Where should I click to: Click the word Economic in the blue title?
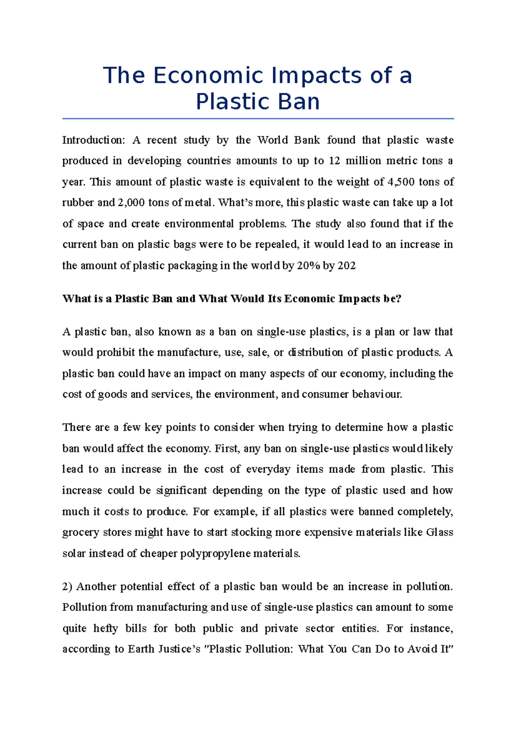[x=209, y=76]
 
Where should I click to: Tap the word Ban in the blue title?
[x=299, y=102]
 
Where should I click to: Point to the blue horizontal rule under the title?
[x=258, y=118]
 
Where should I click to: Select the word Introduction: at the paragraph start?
[x=93, y=140]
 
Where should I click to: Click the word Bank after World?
[x=307, y=140]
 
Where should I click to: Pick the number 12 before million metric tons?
[x=334, y=161]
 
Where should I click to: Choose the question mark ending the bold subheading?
[x=399, y=299]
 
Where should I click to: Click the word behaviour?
[x=377, y=394]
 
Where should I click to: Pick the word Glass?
[x=439, y=532]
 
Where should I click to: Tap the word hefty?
[x=105, y=629]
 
